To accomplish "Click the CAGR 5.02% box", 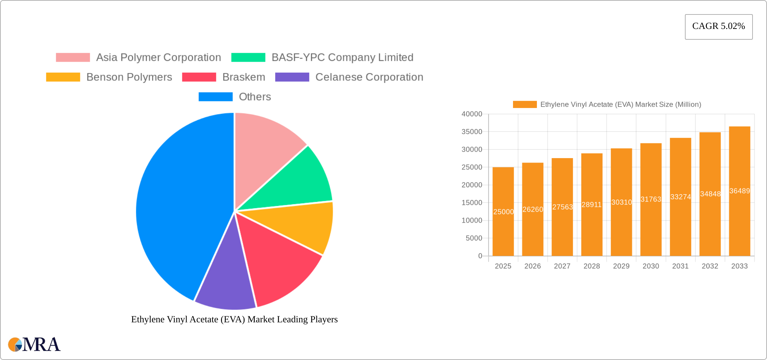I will [719, 27].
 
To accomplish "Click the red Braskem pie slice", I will [279, 266].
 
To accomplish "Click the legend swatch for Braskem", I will [199, 77].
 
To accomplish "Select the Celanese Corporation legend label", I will [369, 77].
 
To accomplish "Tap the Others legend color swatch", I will [215, 97].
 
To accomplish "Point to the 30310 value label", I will [621, 202].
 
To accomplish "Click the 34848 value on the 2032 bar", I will [710, 194].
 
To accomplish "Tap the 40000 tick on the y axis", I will [472, 114].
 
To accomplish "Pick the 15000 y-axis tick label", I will [472, 203].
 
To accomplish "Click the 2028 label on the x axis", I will [592, 266].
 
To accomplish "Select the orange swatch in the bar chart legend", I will [524, 104].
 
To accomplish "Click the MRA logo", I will [34, 345].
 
